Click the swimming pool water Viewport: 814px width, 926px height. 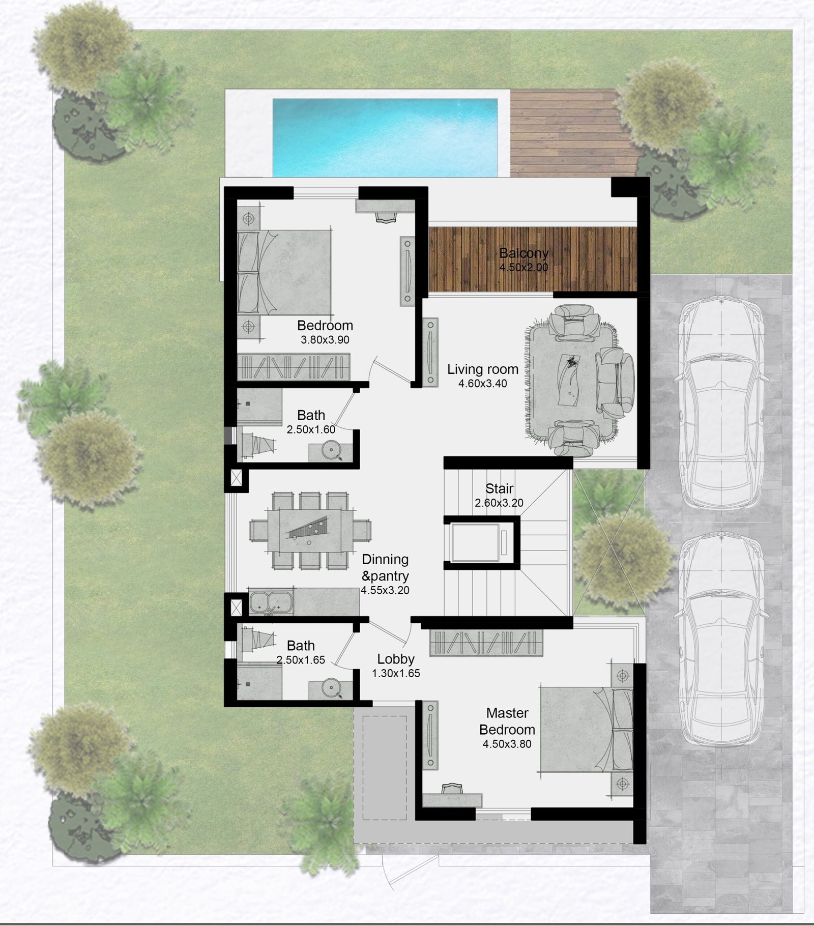[x=385, y=137]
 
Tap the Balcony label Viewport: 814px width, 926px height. [x=524, y=253]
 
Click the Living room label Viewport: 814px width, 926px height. [x=483, y=369]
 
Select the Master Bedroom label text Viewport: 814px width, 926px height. [x=507, y=721]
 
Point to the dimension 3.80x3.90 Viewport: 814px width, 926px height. [x=325, y=340]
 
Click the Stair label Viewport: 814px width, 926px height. [x=499, y=489]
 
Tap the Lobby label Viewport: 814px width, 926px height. [x=396, y=659]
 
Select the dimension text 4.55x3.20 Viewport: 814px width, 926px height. [x=385, y=591]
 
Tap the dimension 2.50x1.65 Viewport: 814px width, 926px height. [x=301, y=660]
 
